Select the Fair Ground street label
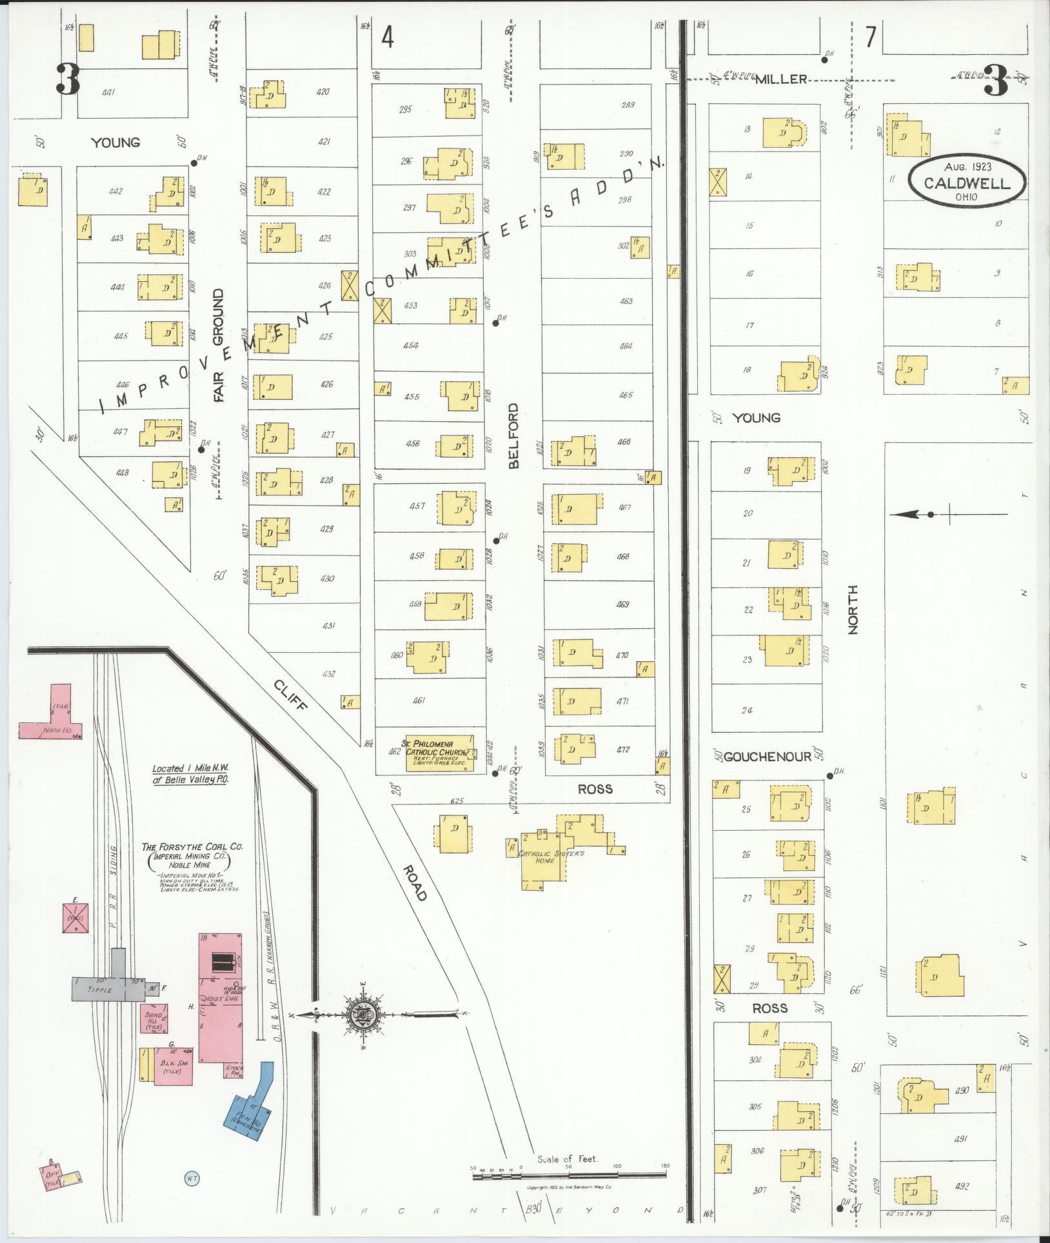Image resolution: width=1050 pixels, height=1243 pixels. [x=218, y=346]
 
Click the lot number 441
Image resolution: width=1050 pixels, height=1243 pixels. [x=108, y=93]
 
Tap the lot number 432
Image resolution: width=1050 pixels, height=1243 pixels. [x=328, y=674]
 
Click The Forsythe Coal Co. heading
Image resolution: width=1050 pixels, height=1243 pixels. [x=188, y=848]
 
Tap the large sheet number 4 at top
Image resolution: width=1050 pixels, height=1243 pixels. [x=387, y=39]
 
